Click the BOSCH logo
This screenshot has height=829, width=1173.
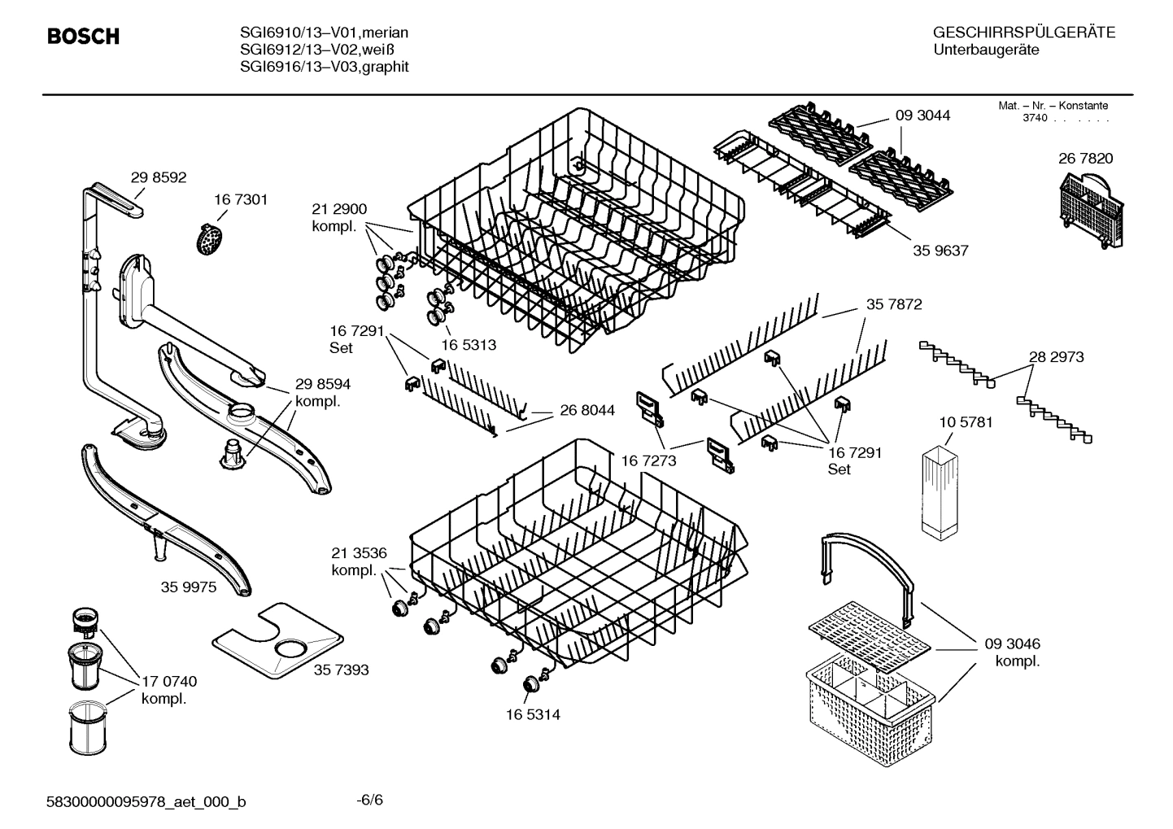pos(83,37)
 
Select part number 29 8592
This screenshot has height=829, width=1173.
pos(159,177)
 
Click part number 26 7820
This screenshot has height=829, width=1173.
pos(1085,159)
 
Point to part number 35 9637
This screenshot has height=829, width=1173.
pos(940,251)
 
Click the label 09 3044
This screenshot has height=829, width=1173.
pos(922,116)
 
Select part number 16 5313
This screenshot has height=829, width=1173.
pos(468,345)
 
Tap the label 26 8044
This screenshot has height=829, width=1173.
pos(587,411)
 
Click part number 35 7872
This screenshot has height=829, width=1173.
pos(894,304)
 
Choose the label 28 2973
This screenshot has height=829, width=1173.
pos(1056,357)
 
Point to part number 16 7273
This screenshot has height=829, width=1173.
pos(649,461)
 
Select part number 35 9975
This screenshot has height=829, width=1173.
pos(189,587)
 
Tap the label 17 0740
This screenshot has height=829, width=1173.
pos(169,682)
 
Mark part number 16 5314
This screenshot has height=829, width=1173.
pos(532,715)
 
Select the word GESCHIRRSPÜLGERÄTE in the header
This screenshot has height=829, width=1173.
pos(1023,33)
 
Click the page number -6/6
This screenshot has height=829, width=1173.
pos(369,800)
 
